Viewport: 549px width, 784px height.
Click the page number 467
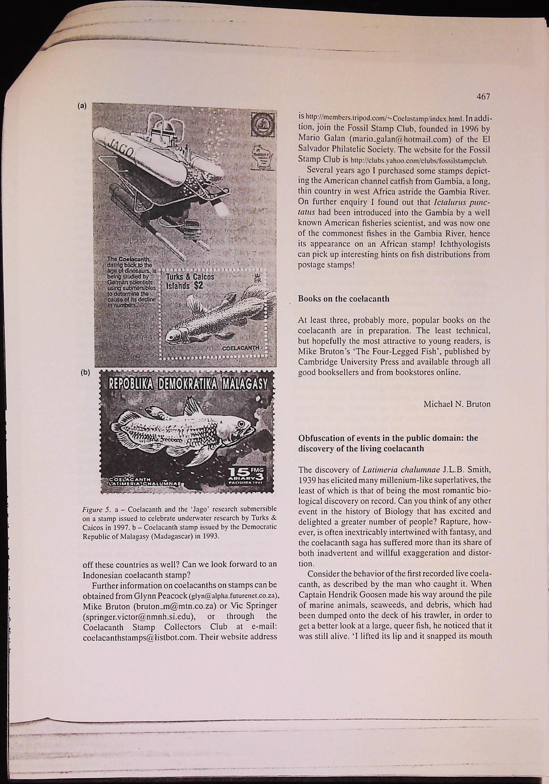[x=484, y=97]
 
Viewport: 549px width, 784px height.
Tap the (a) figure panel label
[x=83, y=106]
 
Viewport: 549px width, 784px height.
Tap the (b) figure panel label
[x=85, y=373]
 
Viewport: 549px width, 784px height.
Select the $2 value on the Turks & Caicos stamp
[x=199, y=286]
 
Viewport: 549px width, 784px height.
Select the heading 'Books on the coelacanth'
[x=344, y=299]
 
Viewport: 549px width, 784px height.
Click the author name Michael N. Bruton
[x=457, y=404]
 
